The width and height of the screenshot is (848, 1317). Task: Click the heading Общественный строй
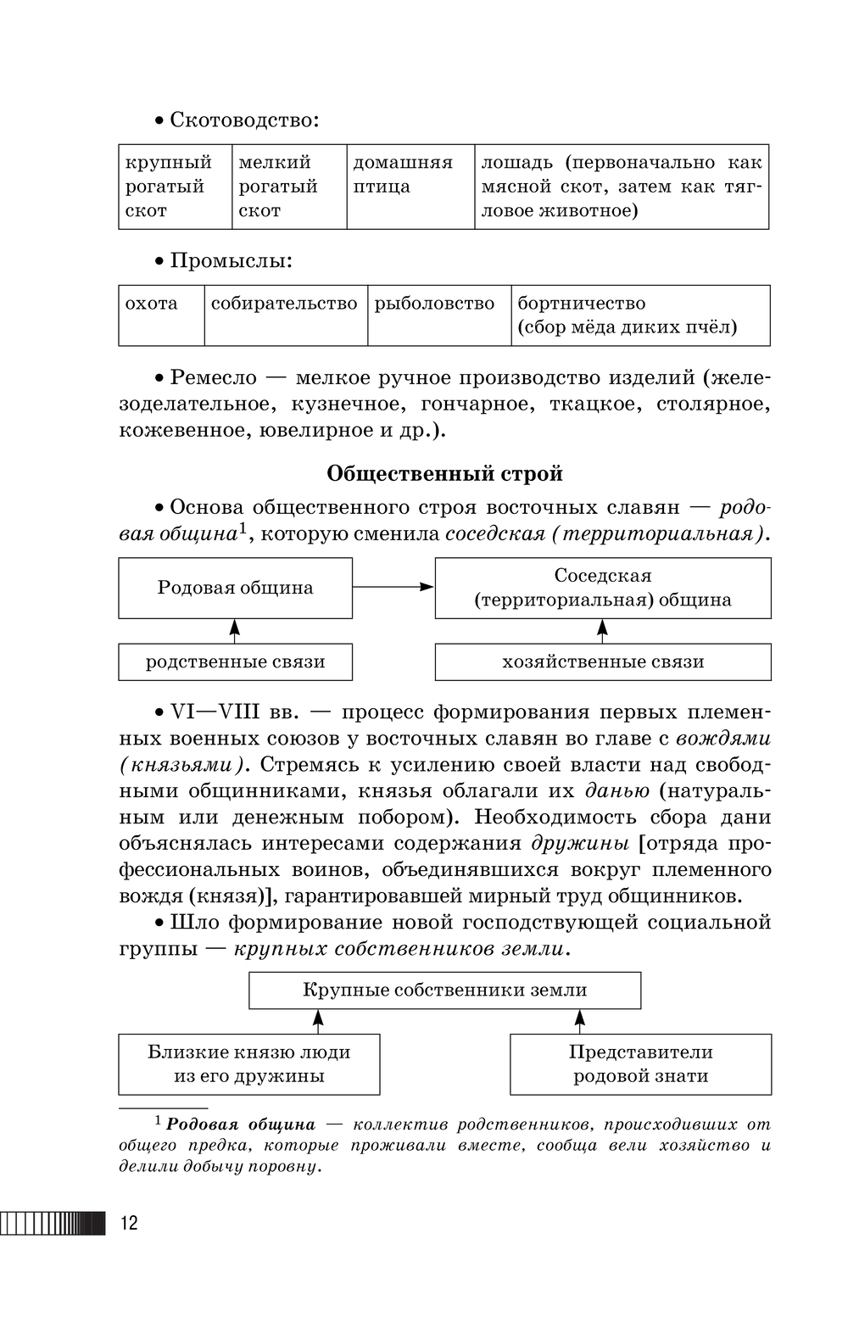click(444, 473)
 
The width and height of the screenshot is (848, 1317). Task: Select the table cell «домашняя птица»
click(410, 187)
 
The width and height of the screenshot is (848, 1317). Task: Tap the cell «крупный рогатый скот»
click(175, 187)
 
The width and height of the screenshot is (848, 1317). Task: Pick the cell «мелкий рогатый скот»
click(288, 187)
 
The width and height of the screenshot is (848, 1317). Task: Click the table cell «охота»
click(161, 315)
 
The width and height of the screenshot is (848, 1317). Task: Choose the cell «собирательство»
click(285, 315)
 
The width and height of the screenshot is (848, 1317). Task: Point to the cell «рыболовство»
click(438, 315)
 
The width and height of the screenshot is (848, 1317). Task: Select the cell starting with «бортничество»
click(639, 315)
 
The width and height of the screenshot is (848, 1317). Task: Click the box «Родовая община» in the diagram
click(235, 588)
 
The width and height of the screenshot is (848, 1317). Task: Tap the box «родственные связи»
click(235, 661)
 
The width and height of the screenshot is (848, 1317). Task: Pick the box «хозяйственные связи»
click(603, 661)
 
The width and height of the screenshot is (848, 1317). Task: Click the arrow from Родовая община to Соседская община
click(393, 586)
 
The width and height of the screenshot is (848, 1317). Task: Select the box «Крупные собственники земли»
click(444, 990)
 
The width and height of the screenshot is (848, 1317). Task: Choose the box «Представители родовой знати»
click(640, 1063)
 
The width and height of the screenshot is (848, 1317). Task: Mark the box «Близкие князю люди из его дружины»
click(248, 1063)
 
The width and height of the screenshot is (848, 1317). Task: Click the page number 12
click(129, 1223)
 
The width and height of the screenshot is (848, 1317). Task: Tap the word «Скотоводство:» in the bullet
click(244, 120)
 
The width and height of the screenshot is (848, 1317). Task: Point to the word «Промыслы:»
click(231, 260)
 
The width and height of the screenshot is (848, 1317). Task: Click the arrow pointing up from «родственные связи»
click(235, 630)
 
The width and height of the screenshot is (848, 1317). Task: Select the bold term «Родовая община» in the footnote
click(241, 1124)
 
